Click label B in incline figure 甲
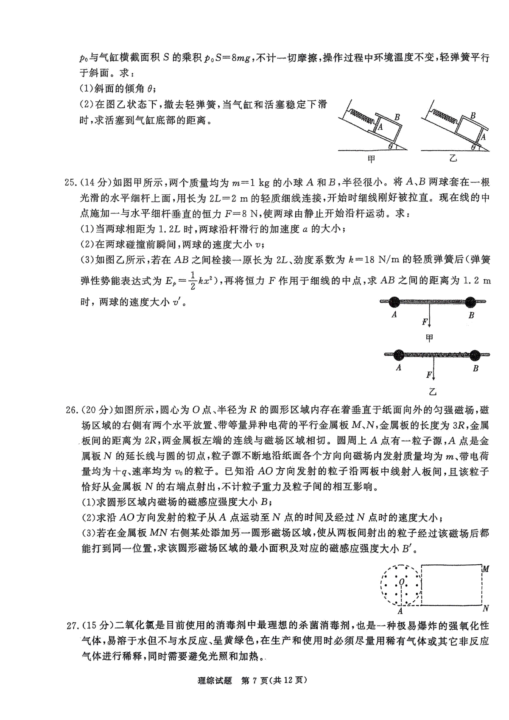pos(397,116)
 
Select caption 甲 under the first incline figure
pos(372,160)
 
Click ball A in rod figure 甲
pos(394,302)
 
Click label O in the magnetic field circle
pos(401,581)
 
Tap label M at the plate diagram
pos(486,569)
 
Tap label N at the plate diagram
pos(486,608)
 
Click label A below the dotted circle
pos(400,611)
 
